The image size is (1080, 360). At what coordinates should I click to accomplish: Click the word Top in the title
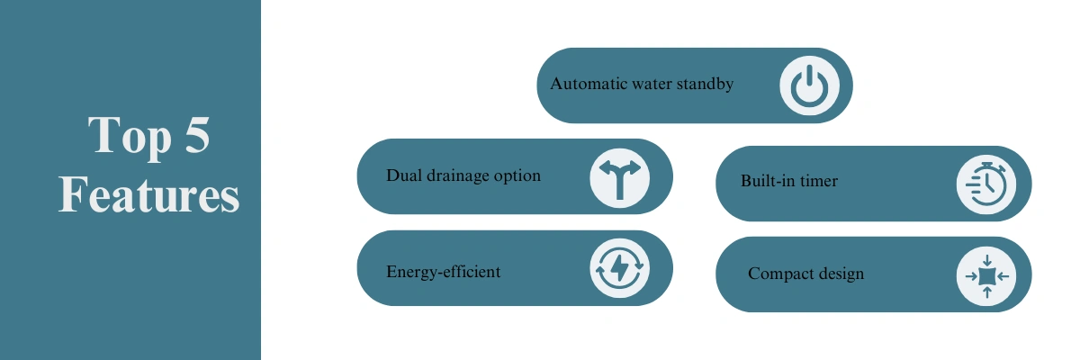(x=130, y=137)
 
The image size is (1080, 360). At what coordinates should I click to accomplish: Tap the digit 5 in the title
(x=197, y=134)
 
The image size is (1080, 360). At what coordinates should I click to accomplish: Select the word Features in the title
(x=148, y=193)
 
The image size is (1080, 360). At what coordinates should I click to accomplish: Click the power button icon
(x=809, y=85)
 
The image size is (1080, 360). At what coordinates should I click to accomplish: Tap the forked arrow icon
(x=619, y=179)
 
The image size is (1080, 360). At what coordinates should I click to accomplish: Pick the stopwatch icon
(x=986, y=184)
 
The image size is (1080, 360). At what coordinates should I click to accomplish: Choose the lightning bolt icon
(x=619, y=268)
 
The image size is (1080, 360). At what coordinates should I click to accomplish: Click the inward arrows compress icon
(x=987, y=276)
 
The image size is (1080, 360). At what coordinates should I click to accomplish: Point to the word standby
(x=705, y=85)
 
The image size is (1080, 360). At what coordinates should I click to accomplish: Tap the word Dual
(x=404, y=175)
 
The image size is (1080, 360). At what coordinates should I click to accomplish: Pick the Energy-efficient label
(x=443, y=272)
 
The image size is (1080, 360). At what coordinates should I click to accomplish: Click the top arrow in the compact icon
(x=987, y=261)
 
